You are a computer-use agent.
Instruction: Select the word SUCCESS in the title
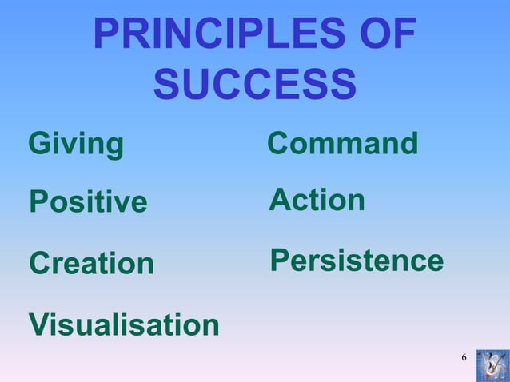pyautogui.click(x=254, y=84)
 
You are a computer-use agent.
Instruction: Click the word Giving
pyautogui.click(x=76, y=145)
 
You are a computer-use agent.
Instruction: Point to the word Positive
pyautogui.click(x=88, y=203)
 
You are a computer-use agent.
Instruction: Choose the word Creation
pyautogui.click(x=91, y=264)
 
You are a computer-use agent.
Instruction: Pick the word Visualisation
pyautogui.click(x=124, y=325)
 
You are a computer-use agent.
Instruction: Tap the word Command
pyautogui.click(x=342, y=145)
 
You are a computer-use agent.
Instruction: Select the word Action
pyautogui.click(x=317, y=200)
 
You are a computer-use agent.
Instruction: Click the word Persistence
pyautogui.click(x=357, y=261)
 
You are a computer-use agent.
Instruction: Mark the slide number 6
pyautogui.click(x=464, y=356)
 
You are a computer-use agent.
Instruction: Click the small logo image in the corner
pyautogui.click(x=491, y=364)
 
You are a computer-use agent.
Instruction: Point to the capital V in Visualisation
pyautogui.click(x=39, y=325)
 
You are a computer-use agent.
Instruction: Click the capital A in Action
pyautogui.click(x=281, y=200)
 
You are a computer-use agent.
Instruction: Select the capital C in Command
pyautogui.click(x=279, y=145)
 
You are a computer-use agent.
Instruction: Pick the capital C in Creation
pyautogui.click(x=40, y=264)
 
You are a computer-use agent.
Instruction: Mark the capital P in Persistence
pyautogui.click(x=281, y=261)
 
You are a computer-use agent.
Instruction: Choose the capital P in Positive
pyautogui.click(x=38, y=203)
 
